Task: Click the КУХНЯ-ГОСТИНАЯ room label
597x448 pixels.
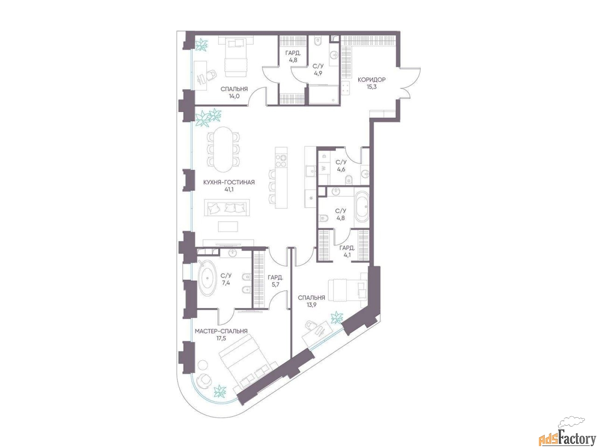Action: click(x=229, y=182)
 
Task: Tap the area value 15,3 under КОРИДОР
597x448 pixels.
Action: click(x=371, y=87)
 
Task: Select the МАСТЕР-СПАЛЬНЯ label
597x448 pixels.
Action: click(x=221, y=331)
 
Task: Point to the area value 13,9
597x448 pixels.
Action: click(x=312, y=305)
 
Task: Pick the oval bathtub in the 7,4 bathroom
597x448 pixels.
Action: click(x=207, y=278)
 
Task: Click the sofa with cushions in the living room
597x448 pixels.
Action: click(x=227, y=208)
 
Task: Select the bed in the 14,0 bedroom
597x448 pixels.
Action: click(x=236, y=58)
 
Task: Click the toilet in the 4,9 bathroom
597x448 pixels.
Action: click(x=317, y=42)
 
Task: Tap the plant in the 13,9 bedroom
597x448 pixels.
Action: click(x=337, y=318)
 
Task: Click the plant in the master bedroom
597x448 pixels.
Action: click(x=220, y=392)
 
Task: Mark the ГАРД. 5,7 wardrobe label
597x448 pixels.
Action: click(x=275, y=281)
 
